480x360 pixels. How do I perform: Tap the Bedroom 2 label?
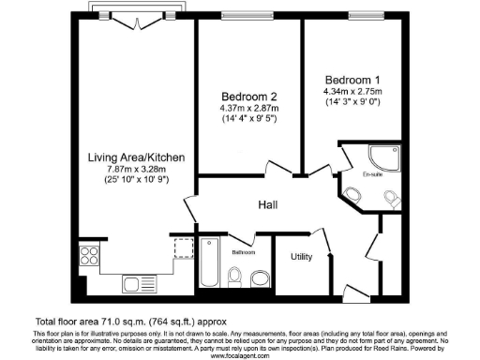click(x=249, y=97)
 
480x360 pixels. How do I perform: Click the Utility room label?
click(x=301, y=255)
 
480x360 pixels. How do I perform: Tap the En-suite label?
click(x=372, y=173)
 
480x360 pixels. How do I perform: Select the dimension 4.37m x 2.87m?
click(x=249, y=109)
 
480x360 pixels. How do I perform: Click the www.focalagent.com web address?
click(x=240, y=355)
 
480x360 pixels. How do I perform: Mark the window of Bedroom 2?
click(x=248, y=15)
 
